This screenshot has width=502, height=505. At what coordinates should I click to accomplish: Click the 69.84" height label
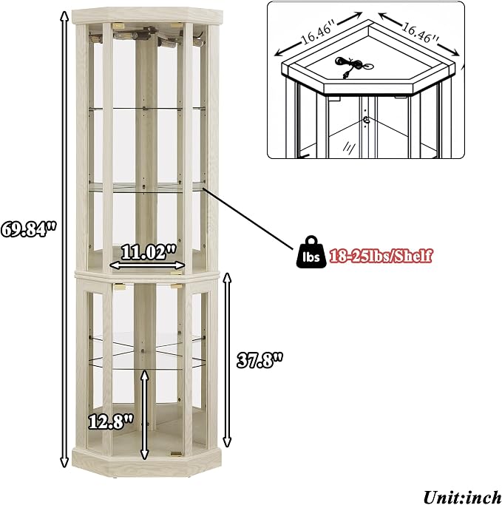28,229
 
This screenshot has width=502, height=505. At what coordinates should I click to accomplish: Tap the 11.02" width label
149,252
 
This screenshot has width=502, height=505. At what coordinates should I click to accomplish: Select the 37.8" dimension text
260,360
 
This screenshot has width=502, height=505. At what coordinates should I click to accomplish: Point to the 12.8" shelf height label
110,421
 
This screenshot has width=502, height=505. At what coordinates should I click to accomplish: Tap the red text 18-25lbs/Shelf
381,256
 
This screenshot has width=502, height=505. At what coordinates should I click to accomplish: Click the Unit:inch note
462,497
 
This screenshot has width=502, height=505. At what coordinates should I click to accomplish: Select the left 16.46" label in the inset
317,33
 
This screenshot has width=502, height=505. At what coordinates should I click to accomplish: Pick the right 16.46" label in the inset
420,33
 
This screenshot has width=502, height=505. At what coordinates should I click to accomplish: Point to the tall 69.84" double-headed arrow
65,239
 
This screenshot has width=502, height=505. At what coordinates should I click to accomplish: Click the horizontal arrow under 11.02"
147,265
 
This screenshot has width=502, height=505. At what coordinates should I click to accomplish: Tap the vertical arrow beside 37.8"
228,360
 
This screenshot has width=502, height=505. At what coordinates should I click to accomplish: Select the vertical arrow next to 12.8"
145,415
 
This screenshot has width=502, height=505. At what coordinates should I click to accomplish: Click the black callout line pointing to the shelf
248,219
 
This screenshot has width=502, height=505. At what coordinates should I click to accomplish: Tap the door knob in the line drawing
366,120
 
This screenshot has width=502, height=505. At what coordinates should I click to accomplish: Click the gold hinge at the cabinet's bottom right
176,454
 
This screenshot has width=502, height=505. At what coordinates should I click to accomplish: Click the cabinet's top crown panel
147,16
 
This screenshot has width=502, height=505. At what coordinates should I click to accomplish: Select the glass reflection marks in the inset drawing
349,147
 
